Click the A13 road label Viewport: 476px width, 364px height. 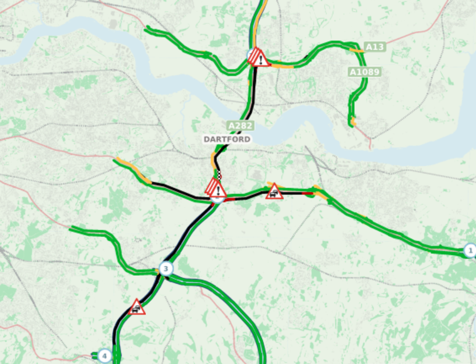(374, 47)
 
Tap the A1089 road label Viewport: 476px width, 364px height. (364, 72)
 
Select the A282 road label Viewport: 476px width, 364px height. (240, 126)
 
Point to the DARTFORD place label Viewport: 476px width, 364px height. (227, 139)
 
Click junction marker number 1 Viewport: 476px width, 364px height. (469, 251)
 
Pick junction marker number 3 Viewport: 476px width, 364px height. (166, 268)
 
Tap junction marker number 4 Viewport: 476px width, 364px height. (103, 356)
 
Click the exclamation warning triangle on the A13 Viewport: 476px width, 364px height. (258, 57)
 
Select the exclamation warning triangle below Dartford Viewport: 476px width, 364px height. (216, 188)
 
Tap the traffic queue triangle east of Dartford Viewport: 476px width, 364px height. (274, 192)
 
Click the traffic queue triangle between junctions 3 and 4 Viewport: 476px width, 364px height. (137, 308)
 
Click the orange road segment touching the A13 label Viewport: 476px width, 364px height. (357, 49)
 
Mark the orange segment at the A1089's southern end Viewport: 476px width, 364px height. (353, 121)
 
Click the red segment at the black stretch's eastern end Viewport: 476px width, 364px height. (307, 193)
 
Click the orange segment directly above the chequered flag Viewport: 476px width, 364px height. (213, 159)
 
